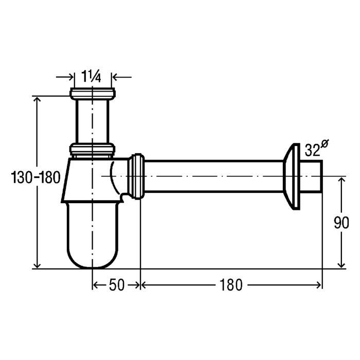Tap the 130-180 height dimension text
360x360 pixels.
(35, 177)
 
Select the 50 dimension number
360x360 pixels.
(117, 285)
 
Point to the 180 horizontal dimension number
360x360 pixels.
(231, 285)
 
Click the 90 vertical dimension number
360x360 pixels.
(341, 222)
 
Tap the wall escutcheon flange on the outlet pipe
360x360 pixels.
(292, 176)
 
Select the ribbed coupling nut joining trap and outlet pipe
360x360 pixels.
(136, 176)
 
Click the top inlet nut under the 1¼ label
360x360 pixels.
(93, 94)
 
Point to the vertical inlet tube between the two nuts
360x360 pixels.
(93, 122)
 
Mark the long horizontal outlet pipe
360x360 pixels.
(213, 176)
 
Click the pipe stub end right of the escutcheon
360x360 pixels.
(311, 176)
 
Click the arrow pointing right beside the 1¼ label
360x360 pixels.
(65, 77)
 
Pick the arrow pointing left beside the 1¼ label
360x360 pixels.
(122, 77)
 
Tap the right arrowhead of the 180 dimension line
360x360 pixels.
(319, 285)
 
